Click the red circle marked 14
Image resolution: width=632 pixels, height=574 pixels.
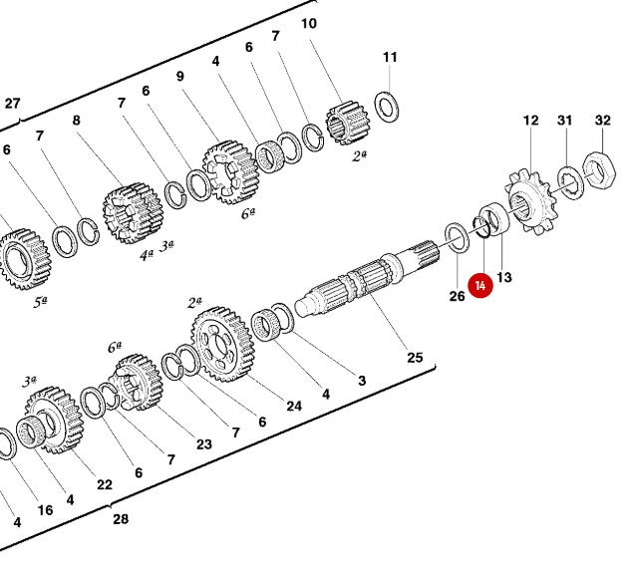coord(481,286)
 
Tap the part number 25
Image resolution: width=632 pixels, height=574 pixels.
coord(414,358)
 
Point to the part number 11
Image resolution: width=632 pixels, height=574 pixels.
coord(390,57)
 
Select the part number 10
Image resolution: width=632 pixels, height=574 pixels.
coord(309,23)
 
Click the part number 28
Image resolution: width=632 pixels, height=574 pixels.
coord(121,519)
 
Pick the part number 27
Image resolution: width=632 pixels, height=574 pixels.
coord(12,103)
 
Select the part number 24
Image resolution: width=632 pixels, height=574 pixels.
coord(294,407)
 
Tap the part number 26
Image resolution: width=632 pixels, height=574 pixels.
coord(457,296)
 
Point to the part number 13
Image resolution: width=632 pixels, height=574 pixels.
coord(503,277)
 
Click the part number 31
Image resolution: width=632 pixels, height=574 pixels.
coord(565,121)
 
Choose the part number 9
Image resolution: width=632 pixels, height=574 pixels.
coord(180,76)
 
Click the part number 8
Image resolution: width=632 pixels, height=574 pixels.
coord(76,121)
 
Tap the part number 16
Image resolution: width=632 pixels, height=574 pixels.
coord(45,510)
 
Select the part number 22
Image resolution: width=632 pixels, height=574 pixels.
coord(105,484)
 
